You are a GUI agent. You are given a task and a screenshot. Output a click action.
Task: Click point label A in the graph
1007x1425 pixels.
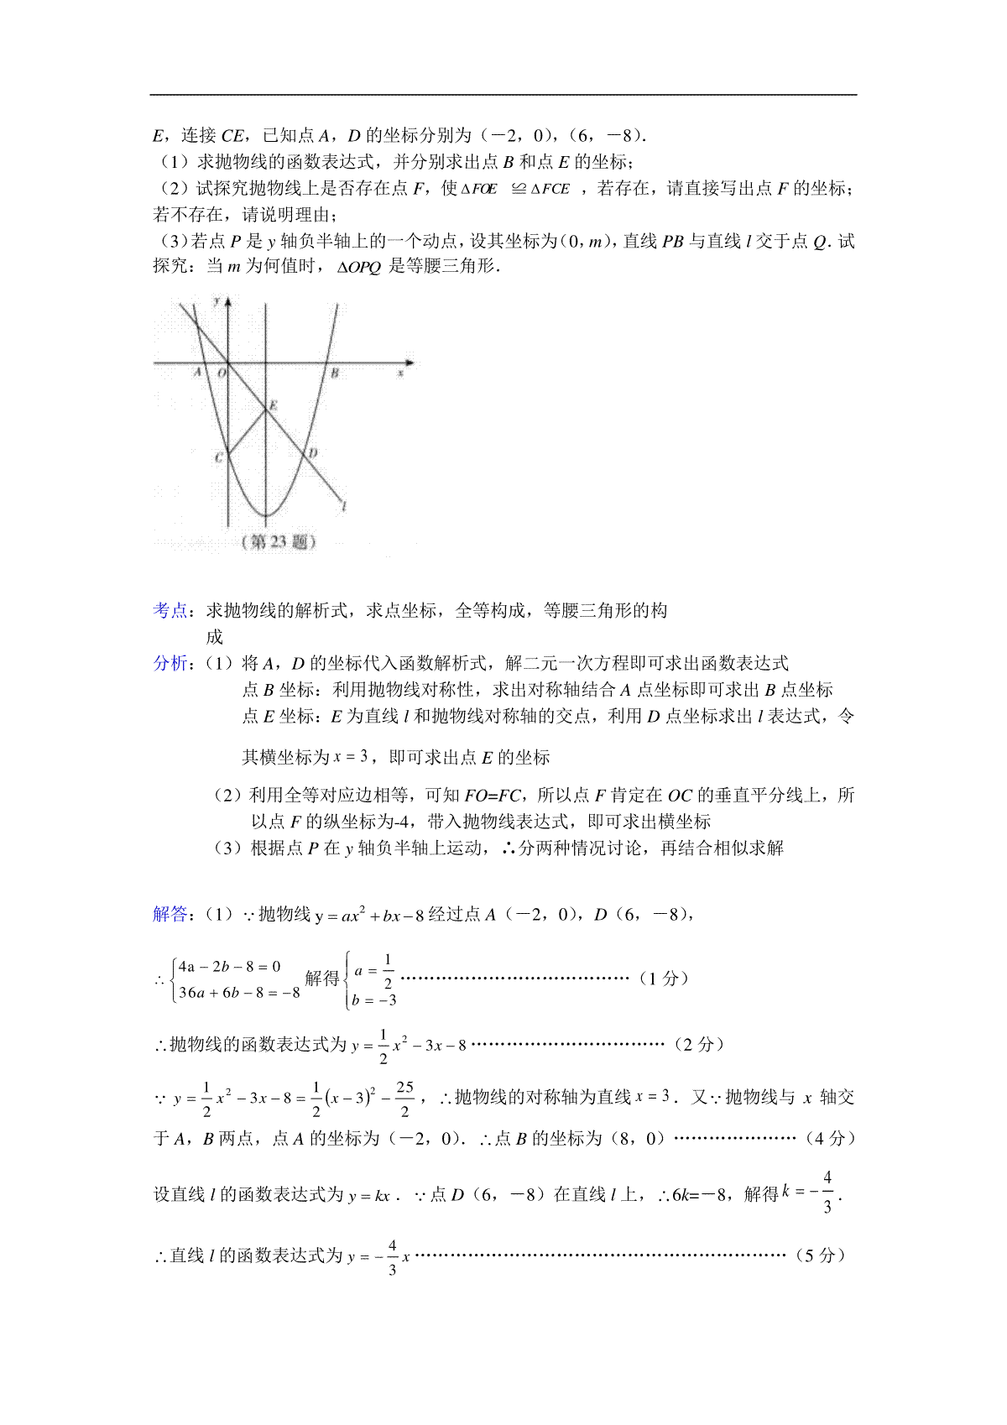pos(198,372)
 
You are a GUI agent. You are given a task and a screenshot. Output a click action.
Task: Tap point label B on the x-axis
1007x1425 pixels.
pos(334,373)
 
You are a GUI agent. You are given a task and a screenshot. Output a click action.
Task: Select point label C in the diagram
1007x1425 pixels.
pos(219,457)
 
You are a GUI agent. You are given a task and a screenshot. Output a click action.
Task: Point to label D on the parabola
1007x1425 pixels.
pos(313,453)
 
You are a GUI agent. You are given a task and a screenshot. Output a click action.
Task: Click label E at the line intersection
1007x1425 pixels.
pos(274,405)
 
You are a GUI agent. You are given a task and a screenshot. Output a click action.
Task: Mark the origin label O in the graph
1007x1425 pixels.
pos(222,372)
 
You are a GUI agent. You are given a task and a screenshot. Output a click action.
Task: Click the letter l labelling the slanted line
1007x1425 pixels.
pos(344,505)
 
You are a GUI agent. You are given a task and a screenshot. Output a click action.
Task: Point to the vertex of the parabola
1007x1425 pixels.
pos(266,515)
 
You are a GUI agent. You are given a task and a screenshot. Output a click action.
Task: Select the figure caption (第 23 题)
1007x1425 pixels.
pos(279,541)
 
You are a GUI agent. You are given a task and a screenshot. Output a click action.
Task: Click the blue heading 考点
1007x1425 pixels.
pos(170,610)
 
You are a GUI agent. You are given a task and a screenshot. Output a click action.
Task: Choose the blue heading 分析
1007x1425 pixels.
pos(170,663)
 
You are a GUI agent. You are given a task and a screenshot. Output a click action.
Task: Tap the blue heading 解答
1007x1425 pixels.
pos(170,914)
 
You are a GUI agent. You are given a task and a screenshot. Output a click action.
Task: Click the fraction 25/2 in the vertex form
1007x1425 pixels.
pos(405,1098)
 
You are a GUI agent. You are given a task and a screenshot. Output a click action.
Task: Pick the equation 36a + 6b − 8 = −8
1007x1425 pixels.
pos(239,993)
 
